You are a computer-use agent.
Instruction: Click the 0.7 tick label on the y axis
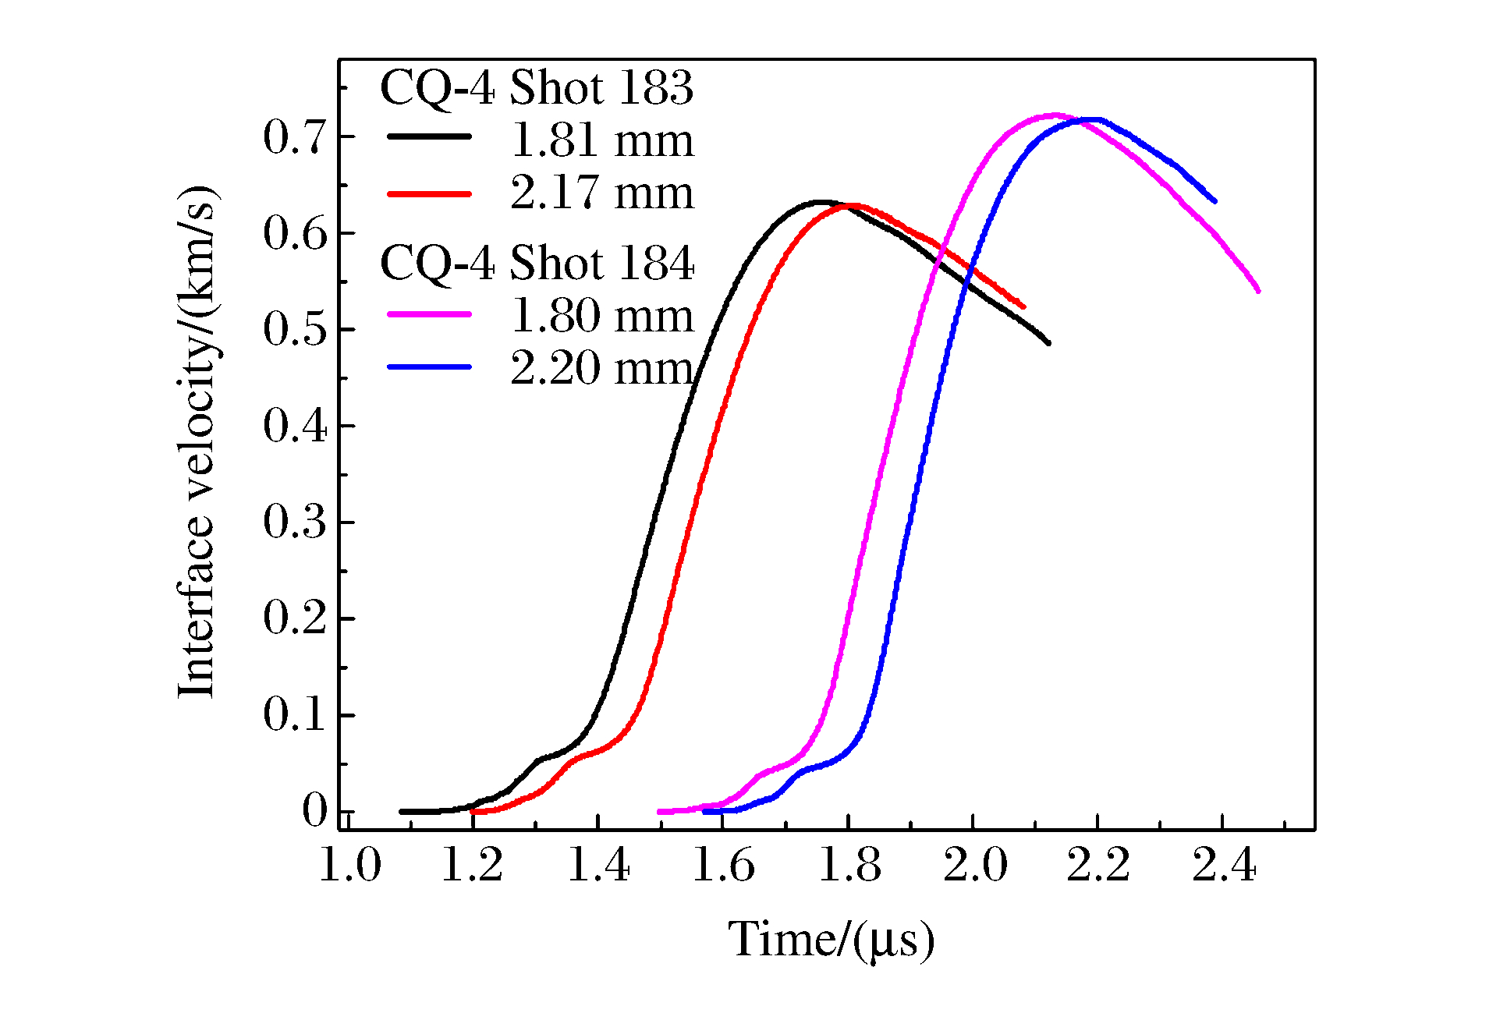(293, 137)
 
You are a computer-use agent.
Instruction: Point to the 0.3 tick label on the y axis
(293, 522)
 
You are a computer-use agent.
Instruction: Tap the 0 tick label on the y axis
(314, 812)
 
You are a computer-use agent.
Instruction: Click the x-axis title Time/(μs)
(831, 940)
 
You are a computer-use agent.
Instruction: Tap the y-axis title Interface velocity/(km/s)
(197, 441)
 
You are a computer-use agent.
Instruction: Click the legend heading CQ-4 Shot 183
(536, 87)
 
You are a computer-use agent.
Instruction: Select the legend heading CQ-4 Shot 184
(536, 263)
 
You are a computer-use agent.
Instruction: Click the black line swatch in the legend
(429, 136)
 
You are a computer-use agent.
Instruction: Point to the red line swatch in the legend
(429, 193)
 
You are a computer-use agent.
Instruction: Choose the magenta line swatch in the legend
(429, 314)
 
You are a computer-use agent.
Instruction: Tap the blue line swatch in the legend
(429, 367)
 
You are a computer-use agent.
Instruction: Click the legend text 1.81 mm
(601, 141)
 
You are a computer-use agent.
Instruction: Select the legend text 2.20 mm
(601, 368)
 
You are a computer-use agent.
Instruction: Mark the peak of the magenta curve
(1055, 115)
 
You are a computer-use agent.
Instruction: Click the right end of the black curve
(1048, 343)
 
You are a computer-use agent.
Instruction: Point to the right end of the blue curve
(1215, 201)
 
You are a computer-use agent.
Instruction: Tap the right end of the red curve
(1023, 306)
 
